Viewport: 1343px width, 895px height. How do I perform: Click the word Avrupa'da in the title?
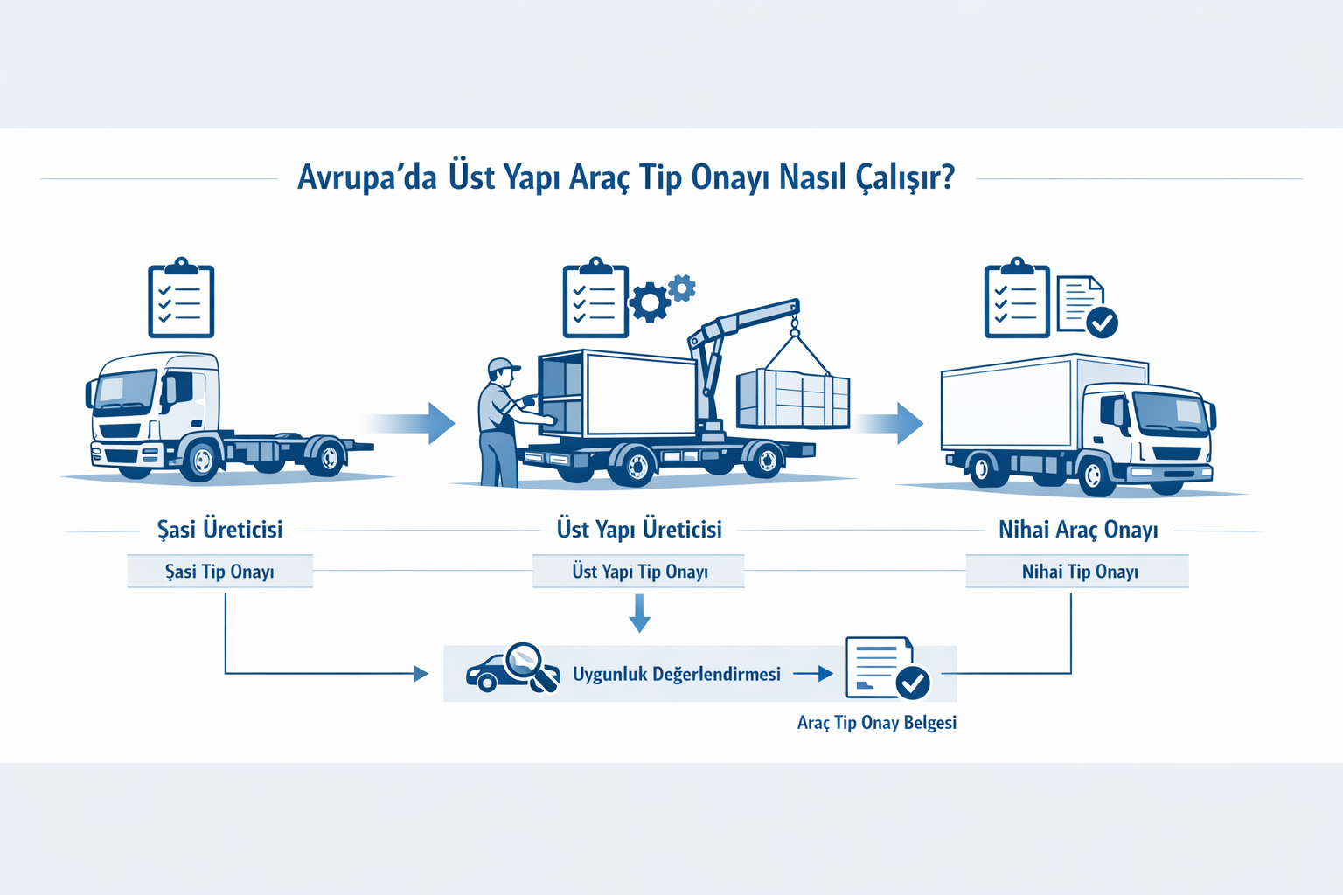[x=366, y=177]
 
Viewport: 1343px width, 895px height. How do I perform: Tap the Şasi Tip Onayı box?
[x=219, y=572]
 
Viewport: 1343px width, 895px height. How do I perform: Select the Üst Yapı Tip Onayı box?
[x=639, y=572]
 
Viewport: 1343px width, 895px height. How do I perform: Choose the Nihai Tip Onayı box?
[x=1079, y=572]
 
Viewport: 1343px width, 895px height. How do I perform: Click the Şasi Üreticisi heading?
[x=219, y=530]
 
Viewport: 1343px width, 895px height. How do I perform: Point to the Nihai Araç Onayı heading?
[x=1078, y=530]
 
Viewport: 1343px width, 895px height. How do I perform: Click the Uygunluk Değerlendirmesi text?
[x=676, y=674]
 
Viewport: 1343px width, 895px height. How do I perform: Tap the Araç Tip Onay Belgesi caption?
[x=876, y=723]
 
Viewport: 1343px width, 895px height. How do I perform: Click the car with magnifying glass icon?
[x=512, y=670]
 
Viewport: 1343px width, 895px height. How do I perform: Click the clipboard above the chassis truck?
[x=181, y=299]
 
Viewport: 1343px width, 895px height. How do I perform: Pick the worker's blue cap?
[x=503, y=365]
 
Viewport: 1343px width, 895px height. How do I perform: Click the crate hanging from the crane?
[x=792, y=398]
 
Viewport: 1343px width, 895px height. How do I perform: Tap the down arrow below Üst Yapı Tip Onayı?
[x=639, y=613]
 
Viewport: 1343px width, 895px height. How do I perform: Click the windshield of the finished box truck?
[x=1171, y=412]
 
